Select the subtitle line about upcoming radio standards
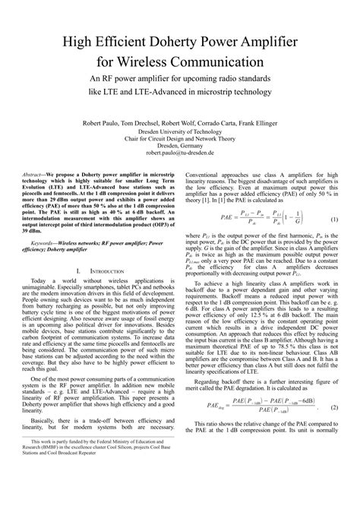179,78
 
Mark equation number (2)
334,429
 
